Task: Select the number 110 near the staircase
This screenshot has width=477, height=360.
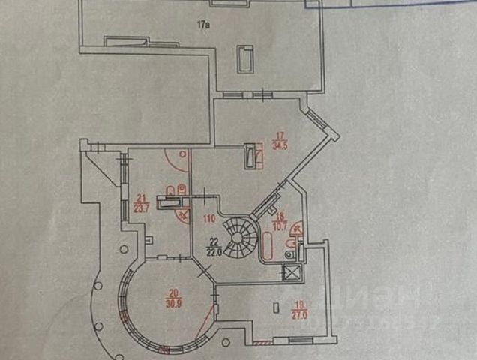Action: [209, 219]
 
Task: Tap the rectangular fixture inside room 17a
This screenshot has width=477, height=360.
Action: [245, 59]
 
